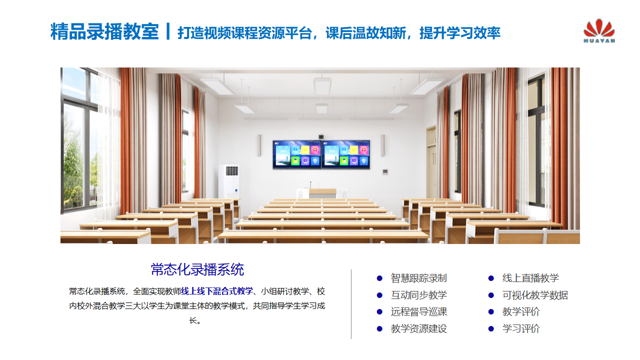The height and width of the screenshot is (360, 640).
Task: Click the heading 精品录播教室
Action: pos(104,31)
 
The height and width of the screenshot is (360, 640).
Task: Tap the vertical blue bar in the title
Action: pos(168,31)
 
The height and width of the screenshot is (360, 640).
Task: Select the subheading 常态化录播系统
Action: pos(197,269)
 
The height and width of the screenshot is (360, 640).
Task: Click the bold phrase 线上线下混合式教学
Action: pos(217,291)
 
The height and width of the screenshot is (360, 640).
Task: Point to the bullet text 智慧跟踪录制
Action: pos(418,278)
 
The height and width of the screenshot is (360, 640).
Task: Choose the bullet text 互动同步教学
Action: pos(418,295)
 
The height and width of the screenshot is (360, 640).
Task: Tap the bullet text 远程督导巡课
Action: pos(418,311)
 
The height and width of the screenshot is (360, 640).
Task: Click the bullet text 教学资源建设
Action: pos(418,328)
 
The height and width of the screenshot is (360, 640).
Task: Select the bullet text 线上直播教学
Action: pos(530,278)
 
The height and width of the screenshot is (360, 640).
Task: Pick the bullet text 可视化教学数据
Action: pos(535,295)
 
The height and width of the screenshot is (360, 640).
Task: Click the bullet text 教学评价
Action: pos(521,311)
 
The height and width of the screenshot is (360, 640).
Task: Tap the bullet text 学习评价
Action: pos(521,328)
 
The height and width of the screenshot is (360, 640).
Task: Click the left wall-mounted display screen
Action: pos(297,154)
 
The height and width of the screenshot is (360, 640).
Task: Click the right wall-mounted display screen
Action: pos(345,154)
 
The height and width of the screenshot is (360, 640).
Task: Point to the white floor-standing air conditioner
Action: pos(229,181)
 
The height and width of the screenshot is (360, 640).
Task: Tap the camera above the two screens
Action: pos(321,136)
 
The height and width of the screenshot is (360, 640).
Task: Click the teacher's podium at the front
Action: pos(322,193)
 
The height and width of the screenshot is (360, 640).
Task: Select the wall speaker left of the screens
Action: pos(259,145)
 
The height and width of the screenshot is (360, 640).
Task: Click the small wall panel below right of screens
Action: pos(385,171)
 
